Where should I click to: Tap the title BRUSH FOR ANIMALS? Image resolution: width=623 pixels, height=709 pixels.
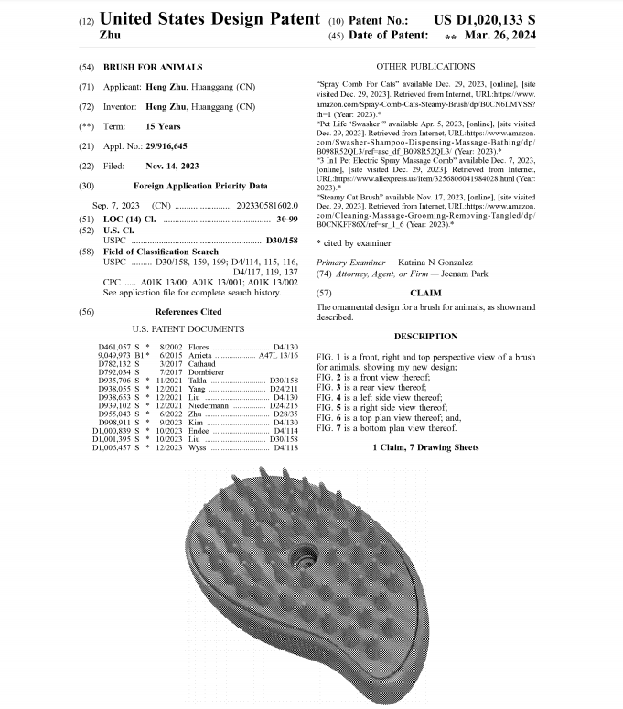pyautogui.click(x=153, y=68)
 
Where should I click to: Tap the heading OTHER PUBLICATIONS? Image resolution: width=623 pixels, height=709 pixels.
pyautogui.click(x=425, y=67)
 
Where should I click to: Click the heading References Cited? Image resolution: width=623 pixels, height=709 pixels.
pyautogui.click(x=189, y=312)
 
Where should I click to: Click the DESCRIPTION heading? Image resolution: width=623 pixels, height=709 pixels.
pyautogui.click(x=425, y=337)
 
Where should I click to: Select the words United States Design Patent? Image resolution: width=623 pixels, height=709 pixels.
pyautogui.click(x=209, y=18)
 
